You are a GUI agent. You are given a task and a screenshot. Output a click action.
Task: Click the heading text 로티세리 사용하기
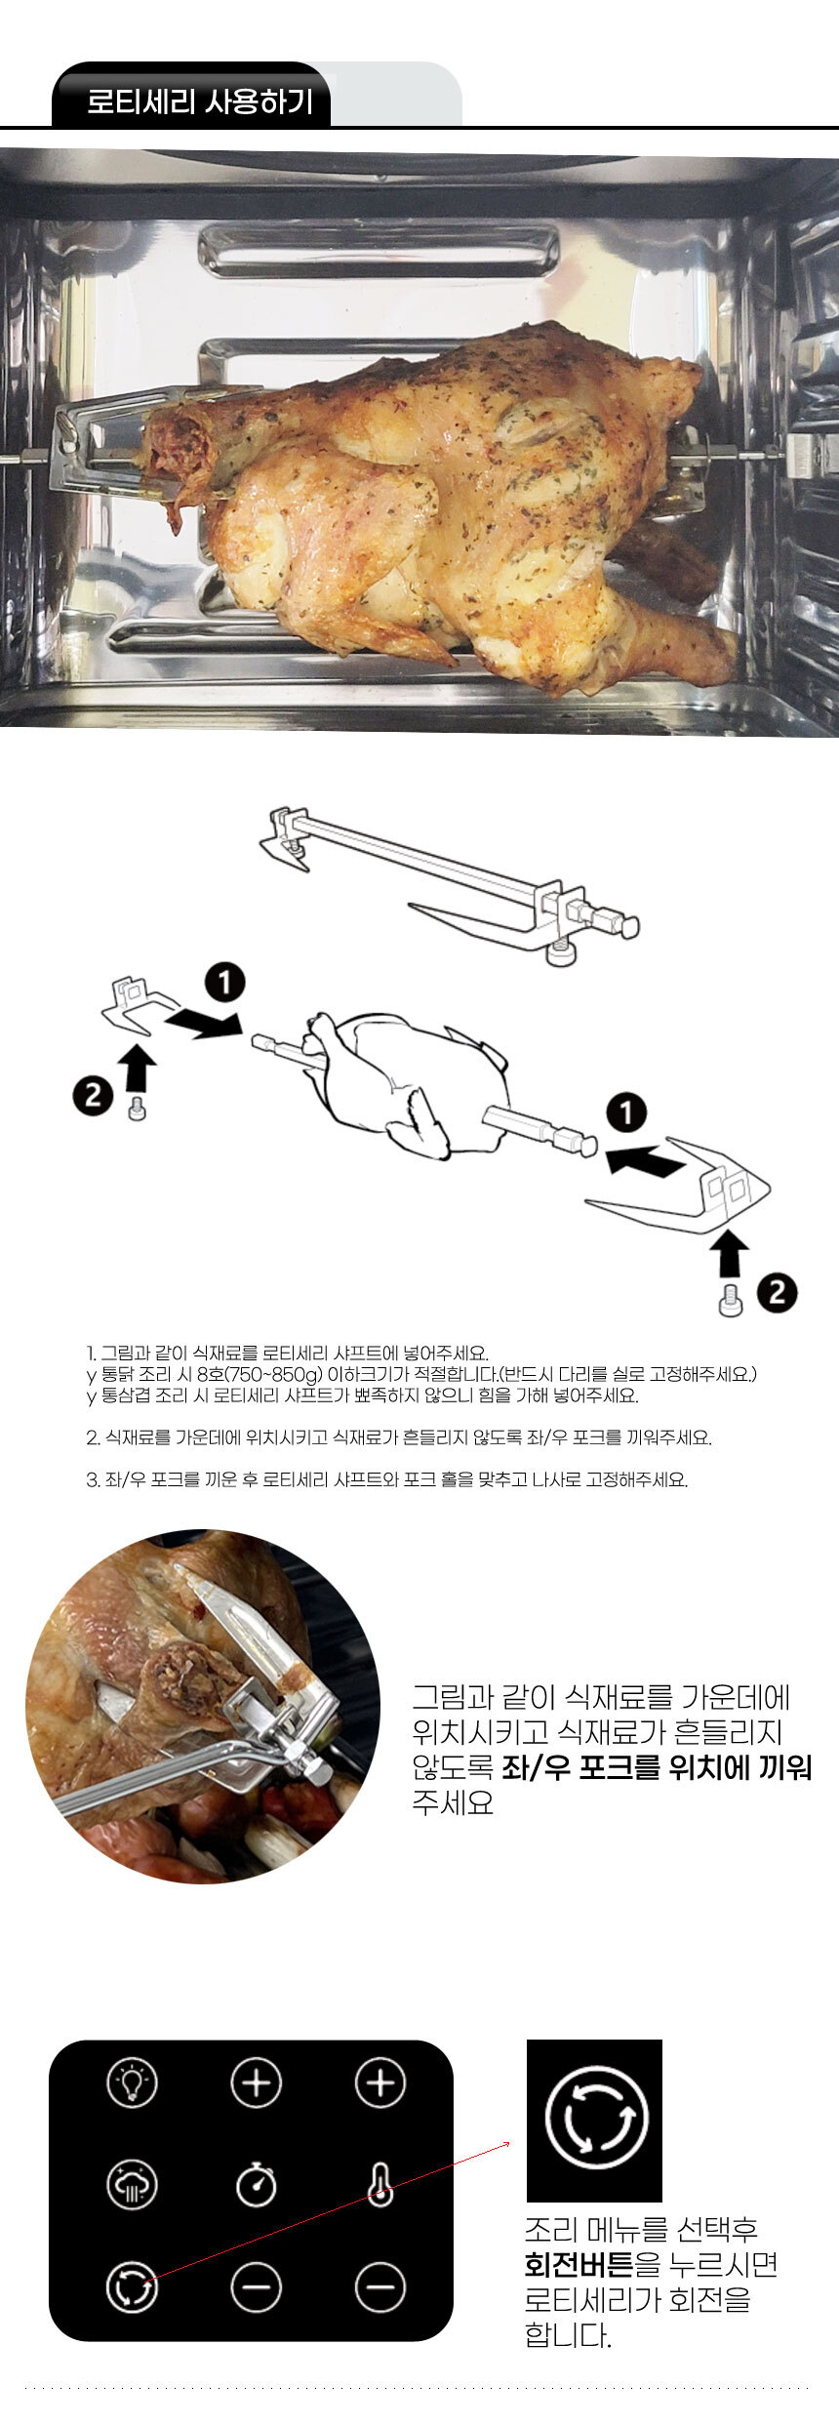click(x=200, y=101)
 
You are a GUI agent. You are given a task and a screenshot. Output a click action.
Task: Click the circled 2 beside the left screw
click(x=93, y=1095)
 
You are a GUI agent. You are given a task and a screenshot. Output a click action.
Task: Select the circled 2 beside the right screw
click(x=777, y=1293)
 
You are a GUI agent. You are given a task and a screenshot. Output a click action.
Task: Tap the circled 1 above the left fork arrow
click(x=225, y=982)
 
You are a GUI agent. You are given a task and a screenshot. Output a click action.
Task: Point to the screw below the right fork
click(x=730, y=1301)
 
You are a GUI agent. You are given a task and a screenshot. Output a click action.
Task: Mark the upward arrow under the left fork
click(x=140, y=1068)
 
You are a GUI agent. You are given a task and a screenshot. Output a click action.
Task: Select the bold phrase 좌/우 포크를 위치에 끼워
click(x=657, y=1768)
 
